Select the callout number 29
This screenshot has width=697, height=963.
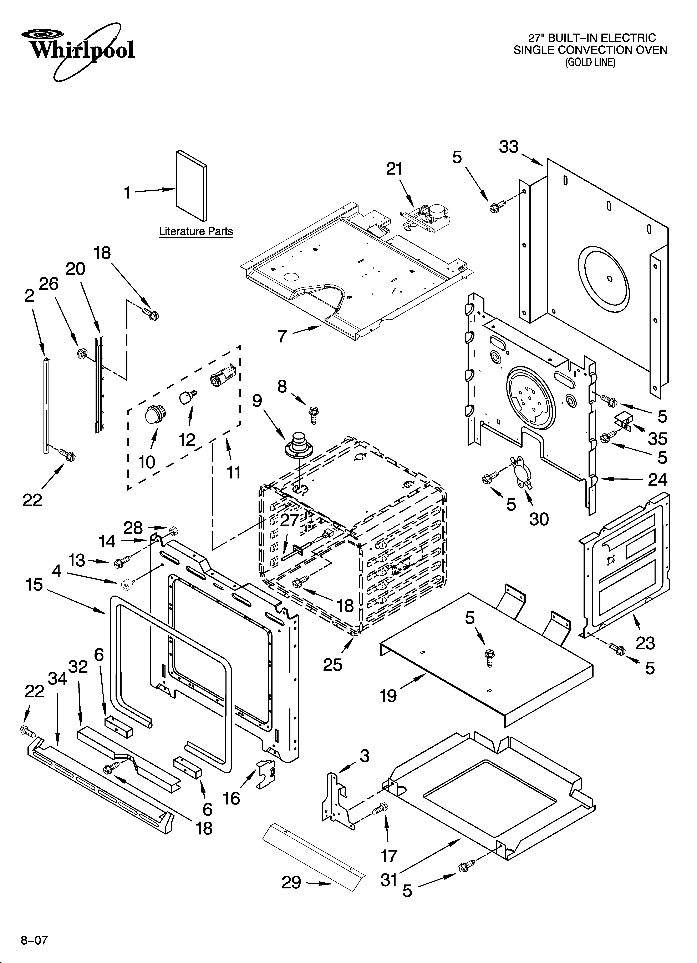292,882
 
